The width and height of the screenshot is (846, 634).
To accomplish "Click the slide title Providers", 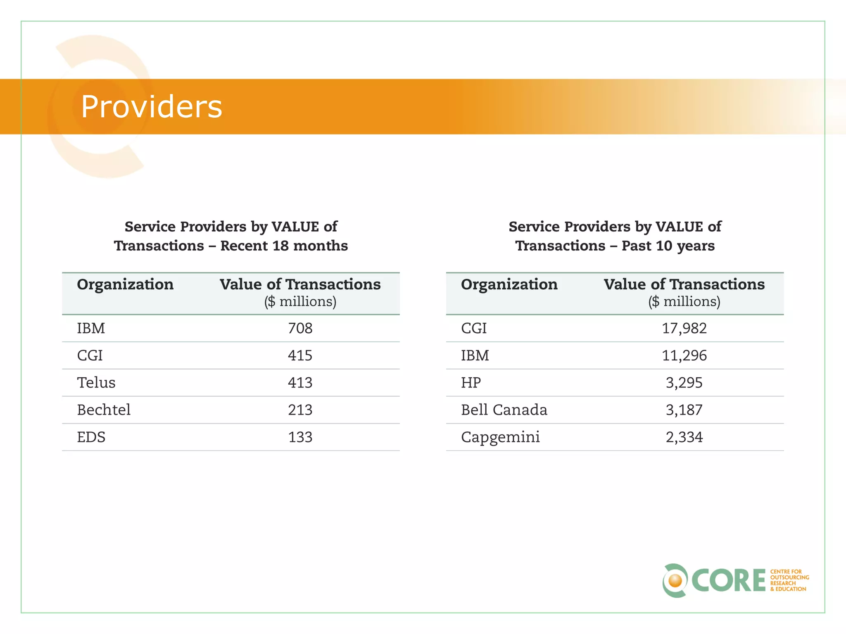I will coord(151,106).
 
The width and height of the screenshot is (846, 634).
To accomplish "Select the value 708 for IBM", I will coord(300,328).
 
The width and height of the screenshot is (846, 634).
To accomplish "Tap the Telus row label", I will coord(96,383).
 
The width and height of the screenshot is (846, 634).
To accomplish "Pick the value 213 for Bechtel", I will coord(300,410).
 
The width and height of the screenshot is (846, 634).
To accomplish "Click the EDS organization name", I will coord(91,437).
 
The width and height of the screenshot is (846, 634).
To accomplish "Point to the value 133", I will coord(300,437).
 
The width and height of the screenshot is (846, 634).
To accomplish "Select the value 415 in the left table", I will coord(300,355).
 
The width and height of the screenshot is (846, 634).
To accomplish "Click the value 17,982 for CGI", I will coord(684,328).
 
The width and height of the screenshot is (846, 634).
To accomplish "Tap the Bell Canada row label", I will coord(504,410).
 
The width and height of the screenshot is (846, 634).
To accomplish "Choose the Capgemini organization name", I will coord(500,437).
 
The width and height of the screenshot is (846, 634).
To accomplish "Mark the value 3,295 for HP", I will coord(684,383).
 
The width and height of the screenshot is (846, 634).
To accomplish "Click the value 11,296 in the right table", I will coord(684,355).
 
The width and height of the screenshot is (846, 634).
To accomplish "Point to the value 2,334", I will coord(684,437).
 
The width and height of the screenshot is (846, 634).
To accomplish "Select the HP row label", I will coord(471,383).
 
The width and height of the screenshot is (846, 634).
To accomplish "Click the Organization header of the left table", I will coord(125,284).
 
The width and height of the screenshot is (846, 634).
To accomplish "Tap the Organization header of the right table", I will coord(509,284).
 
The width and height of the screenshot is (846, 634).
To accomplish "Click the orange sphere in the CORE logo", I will coord(675,581).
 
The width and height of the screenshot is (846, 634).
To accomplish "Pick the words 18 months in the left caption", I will coord(310,246).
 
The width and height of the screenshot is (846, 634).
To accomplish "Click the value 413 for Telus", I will coord(300,383).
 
